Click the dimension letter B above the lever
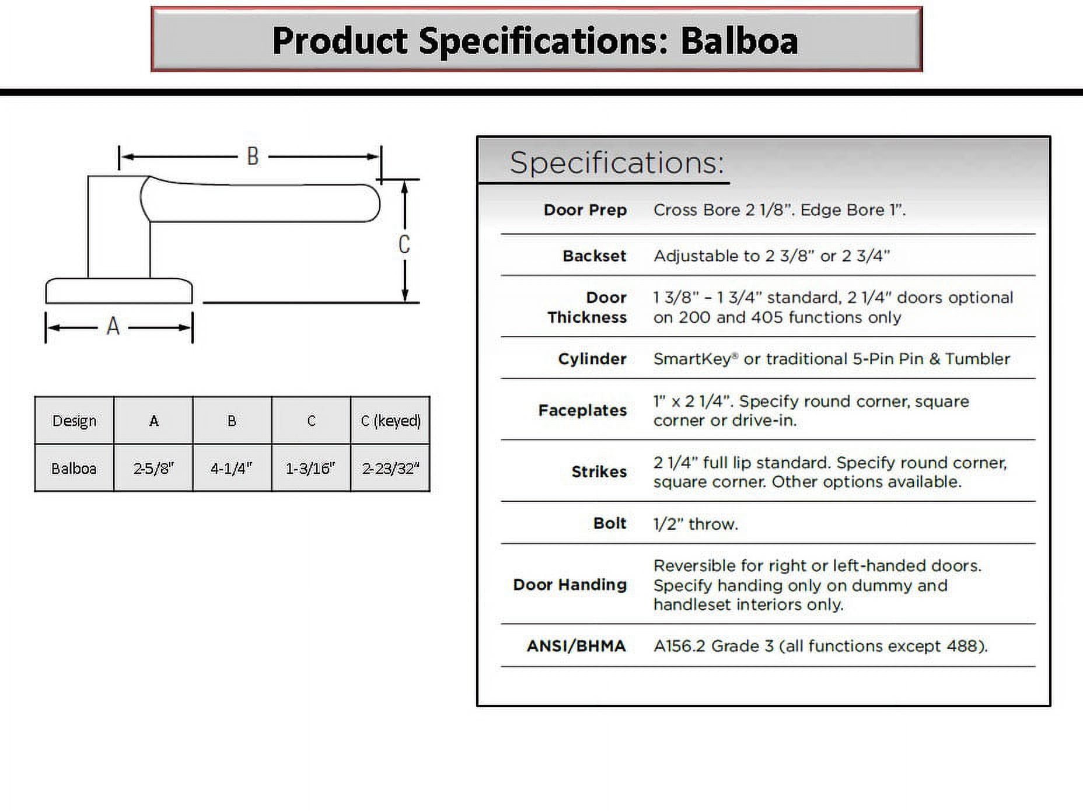252,156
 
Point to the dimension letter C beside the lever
404,244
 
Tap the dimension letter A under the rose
113,326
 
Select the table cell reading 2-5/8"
153,468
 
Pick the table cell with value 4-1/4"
232,468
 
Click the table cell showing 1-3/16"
310,468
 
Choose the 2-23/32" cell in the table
390,468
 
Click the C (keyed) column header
390,421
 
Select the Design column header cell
74,421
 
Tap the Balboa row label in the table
74,468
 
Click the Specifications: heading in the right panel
616,162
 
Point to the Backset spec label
594,256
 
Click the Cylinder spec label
592,358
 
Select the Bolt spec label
609,523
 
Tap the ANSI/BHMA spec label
576,646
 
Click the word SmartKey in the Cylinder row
692,358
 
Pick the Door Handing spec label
570,584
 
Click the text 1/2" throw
696,523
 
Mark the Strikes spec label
599,471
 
